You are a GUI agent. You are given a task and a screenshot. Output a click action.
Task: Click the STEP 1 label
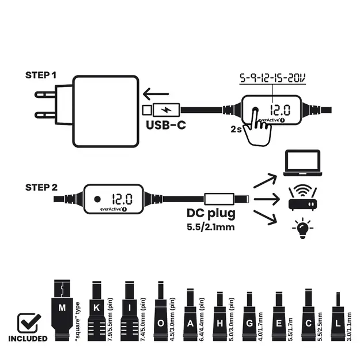pyautogui.click(x=41, y=75)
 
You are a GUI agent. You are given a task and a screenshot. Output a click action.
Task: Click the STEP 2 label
pyautogui.click(x=41, y=187)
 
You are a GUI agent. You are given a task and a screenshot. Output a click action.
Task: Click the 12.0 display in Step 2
pyautogui.click(x=122, y=199)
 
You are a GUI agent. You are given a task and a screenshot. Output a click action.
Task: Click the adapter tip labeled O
pyautogui.click(x=161, y=311)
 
